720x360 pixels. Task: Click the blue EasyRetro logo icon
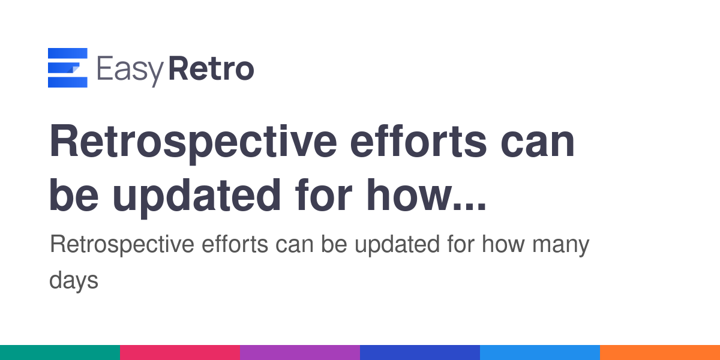click(x=67, y=67)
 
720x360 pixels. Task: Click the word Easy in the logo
click(x=130, y=71)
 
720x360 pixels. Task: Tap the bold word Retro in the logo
click(x=211, y=68)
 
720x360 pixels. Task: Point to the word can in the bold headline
click(x=538, y=145)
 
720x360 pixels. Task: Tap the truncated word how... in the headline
click(x=426, y=195)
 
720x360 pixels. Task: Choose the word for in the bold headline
click(x=323, y=194)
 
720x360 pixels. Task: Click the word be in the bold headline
click(x=74, y=195)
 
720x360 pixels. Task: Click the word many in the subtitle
click(x=560, y=246)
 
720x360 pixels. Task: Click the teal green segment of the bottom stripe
click(x=60, y=353)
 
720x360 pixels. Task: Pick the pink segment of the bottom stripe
click(x=180, y=353)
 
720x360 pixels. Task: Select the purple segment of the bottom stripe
click(x=300, y=353)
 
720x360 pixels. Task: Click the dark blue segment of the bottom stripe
click(x=420, y=353)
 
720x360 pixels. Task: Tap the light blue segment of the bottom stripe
click(x=540, y=353)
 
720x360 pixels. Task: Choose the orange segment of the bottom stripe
click(x=660, y=353)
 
